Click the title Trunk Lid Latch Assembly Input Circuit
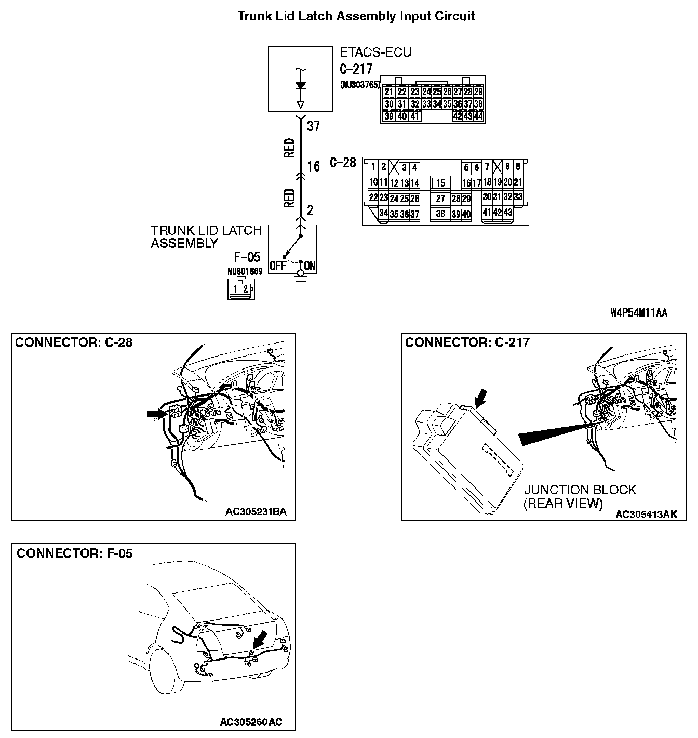tap(356, 16)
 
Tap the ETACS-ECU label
tap(375, 52)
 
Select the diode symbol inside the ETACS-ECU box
tap(300, 86)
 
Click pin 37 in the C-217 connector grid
tap(467, 104)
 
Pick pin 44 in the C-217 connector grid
tap(478, 116)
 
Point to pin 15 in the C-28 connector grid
tap(440, 183)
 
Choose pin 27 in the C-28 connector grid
tap(440, 199)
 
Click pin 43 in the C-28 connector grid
tap(507, 213)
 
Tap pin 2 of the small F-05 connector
tap(245, 289)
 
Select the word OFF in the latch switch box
tap(278, 266)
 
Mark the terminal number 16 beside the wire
tap(313, 167)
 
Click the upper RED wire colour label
tap(289, 148)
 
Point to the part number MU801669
tap(245, 271)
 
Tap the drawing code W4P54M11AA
tap(639, 313)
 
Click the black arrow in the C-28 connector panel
tap(155, 414)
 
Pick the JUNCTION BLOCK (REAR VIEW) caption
tap(580, 496)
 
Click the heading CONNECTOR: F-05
tap(74, 553)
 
